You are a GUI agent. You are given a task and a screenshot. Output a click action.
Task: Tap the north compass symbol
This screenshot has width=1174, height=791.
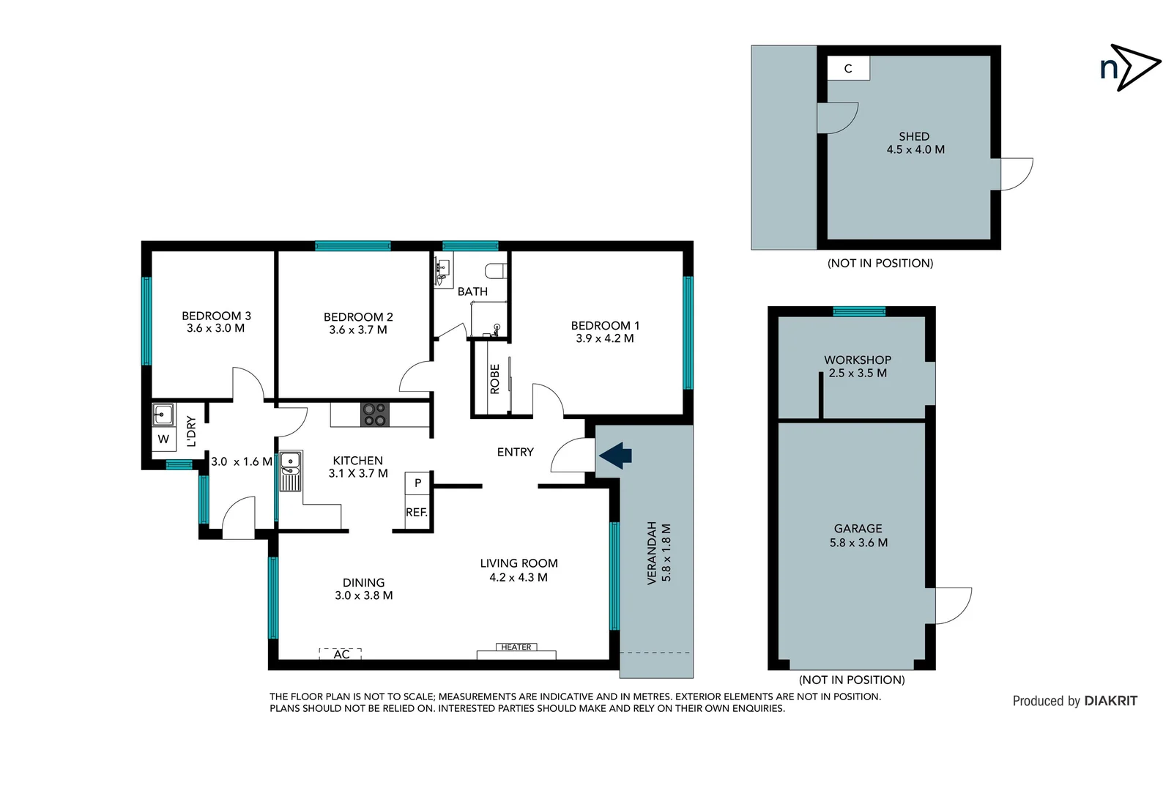tap(1129, 67)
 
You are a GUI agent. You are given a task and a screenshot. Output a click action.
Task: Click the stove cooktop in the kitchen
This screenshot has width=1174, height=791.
tap(375, 415)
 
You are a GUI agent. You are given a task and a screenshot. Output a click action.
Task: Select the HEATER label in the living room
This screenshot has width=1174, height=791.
tap(516, 647)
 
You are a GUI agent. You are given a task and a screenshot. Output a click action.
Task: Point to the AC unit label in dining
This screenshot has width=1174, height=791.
tap(341, 654)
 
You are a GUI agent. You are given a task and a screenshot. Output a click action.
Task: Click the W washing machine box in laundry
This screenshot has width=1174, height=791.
tap(163, 439)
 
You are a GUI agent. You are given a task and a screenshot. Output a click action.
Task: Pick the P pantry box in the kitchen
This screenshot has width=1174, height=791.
tap(417, 483)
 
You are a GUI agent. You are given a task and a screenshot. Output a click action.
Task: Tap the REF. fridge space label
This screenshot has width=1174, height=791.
tap(416, 512)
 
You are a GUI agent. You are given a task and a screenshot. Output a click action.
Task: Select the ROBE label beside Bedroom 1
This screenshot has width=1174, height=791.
tap(494, 379)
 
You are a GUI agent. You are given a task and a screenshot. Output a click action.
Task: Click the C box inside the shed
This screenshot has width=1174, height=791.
tap(848, 69)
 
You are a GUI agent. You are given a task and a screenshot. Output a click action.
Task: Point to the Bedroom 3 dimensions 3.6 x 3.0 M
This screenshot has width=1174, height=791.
tap(215, 329)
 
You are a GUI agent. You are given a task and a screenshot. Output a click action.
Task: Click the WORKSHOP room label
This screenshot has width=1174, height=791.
tap(858, 360)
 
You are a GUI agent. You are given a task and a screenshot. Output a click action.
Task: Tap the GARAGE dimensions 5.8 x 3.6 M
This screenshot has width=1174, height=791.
tap(858, 543)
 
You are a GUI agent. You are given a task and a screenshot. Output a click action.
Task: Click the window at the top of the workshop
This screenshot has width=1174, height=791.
tap(859, 311)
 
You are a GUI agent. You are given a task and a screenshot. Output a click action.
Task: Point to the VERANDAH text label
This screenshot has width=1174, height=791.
tap(652, 553)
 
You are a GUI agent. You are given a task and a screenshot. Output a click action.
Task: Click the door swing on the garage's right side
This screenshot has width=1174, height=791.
tap(952, 605)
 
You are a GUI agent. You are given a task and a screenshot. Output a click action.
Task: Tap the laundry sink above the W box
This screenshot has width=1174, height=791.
tap(163, 415)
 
